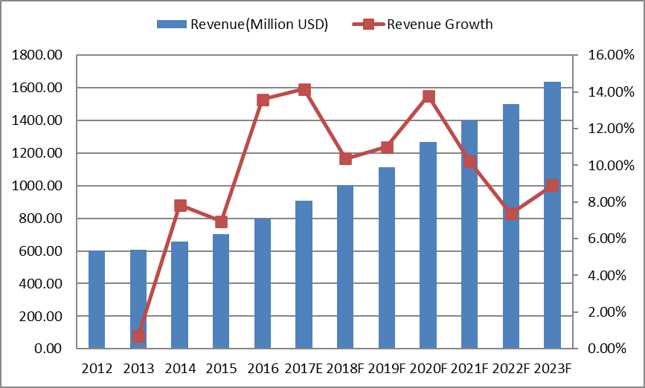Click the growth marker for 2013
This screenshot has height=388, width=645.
tap(138, 337)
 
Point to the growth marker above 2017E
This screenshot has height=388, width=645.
tap(304, 90)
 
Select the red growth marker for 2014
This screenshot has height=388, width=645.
tap(180, 206)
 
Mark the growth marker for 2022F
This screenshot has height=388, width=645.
tap(511, 214)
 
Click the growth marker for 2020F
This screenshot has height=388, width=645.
tap(429, 97)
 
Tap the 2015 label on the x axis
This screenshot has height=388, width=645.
tap(221, 369)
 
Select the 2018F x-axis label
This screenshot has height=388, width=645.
tap(345, 369)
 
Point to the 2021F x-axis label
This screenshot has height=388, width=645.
tap(469, 369)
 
